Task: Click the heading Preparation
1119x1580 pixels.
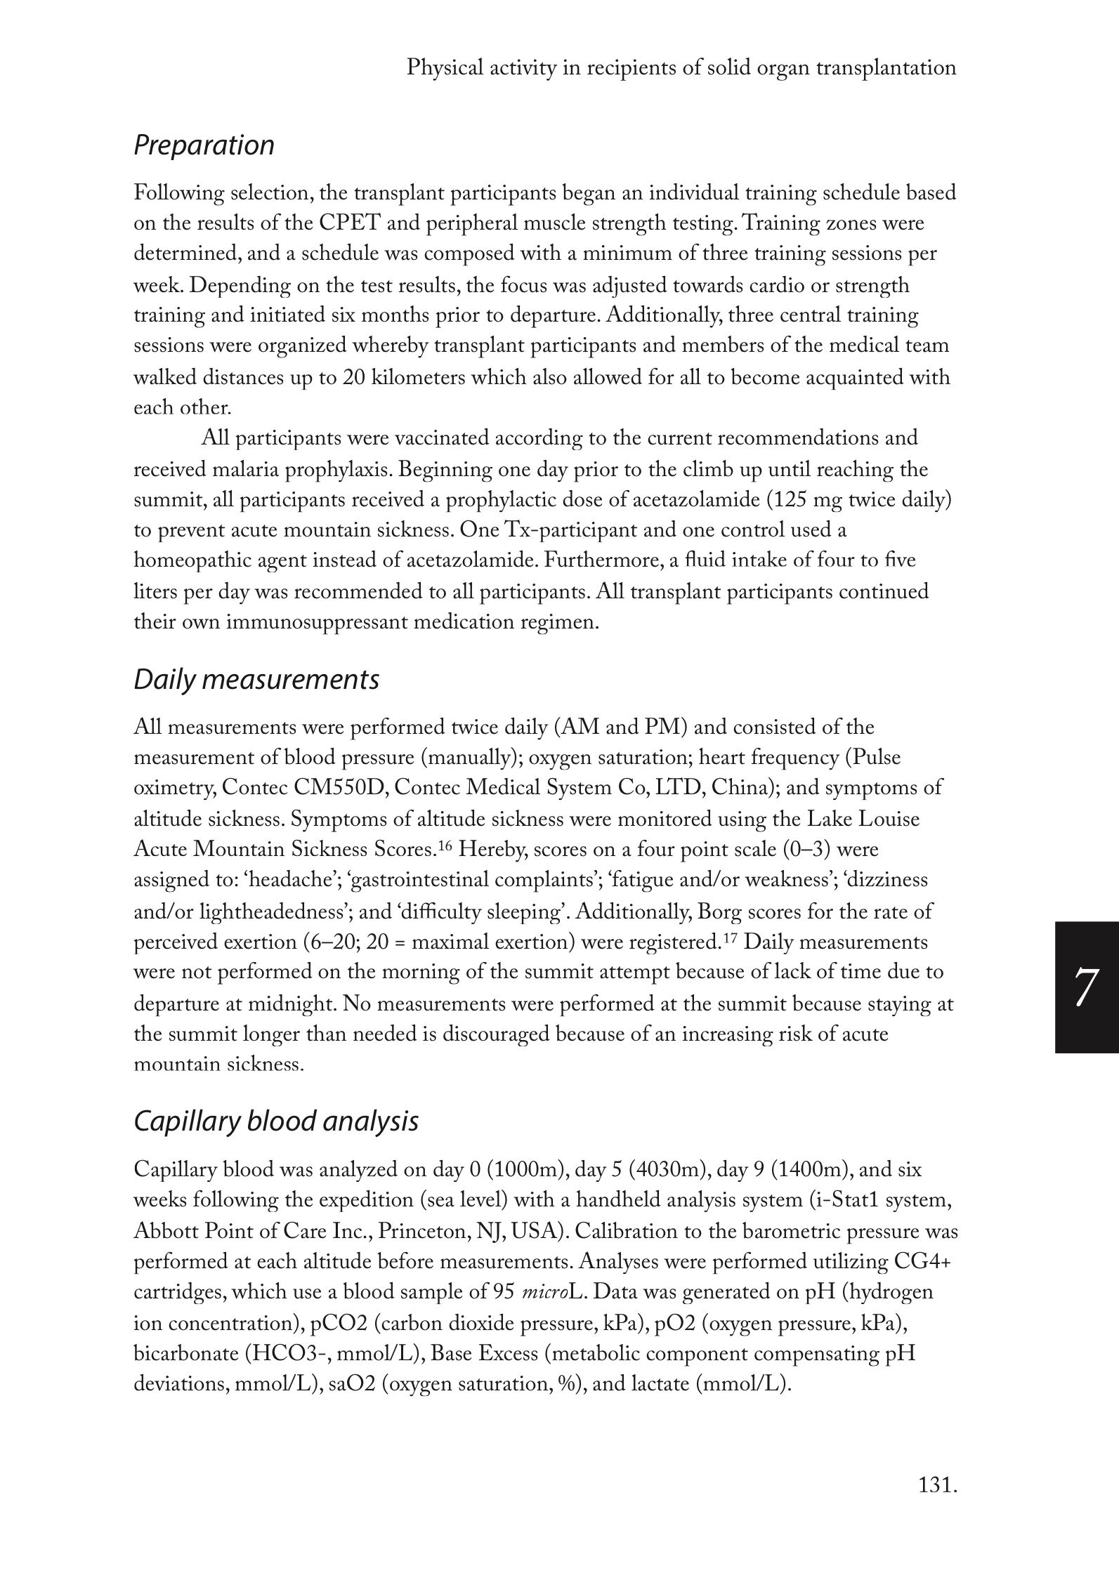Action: tap(204, 145)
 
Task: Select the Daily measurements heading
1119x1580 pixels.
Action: tap(256, 680)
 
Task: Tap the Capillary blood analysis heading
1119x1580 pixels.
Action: tap(275, 1121)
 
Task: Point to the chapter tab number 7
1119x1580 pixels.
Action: tap(1085, 987)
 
